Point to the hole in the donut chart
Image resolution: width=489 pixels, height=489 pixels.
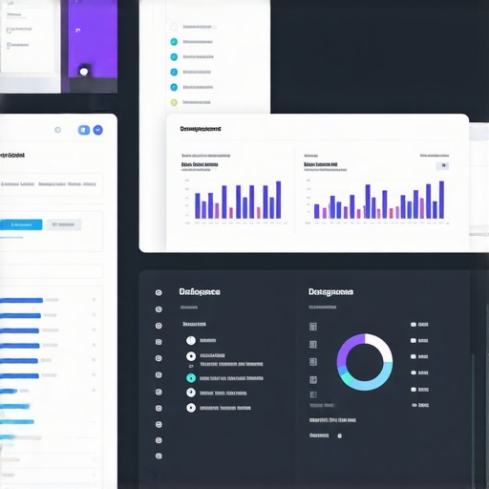(x=364, y=362)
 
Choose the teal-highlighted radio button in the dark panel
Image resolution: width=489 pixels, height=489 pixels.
(x=191, y=377)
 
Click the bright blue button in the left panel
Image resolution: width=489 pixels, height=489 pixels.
(x=21, y=224)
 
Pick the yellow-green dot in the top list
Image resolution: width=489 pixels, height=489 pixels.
(x=174, y=102)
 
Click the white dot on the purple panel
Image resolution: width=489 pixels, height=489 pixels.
(x=84, y=70)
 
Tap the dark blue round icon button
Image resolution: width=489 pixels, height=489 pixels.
(x=98, y=130)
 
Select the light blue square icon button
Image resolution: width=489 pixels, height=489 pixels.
(x=83, y=130)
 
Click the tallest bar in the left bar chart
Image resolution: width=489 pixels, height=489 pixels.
(x=279, y=200)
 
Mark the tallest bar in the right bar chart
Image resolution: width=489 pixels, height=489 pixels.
(x=441, y=200)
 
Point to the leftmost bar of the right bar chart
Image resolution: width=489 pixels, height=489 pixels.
(x=316, y=211)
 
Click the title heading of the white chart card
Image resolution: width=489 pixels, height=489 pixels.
(x=201, y=128)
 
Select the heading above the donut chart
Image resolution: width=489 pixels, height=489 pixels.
(x=330, y=291)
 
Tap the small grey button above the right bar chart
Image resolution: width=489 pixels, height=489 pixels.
(x=441, y=165)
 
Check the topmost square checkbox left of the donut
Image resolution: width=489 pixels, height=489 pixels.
(x=312, y=326)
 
